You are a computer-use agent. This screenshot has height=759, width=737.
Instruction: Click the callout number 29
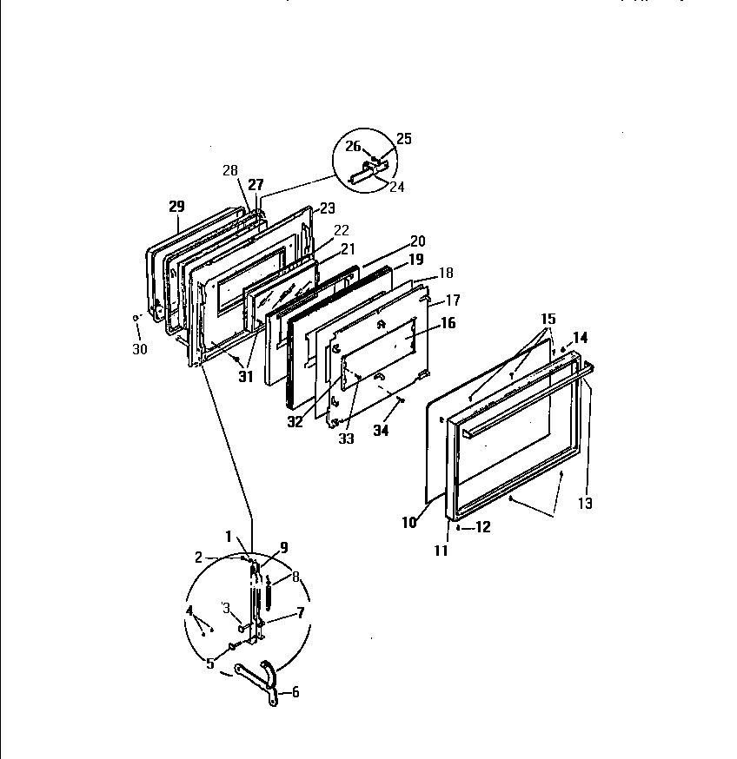pyautogui.click(x=176, y=206)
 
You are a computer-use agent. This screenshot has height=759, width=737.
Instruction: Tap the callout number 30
pyautogui.click(x=139, y=349)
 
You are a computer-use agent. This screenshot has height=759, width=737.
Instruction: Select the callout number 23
pyautogui.click(x=327, y=208)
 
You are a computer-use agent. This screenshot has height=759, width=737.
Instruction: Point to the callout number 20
pyautogui.click(x=417, y=241)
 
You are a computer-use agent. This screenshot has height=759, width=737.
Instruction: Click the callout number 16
pyautogui.click(x=447, y=323)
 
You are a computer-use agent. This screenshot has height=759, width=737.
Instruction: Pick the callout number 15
pyautogui.click(x=547, y=319)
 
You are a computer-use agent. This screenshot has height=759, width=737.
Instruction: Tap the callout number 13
pyautogui.click(x=585, y=503)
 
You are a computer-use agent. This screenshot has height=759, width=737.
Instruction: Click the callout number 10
pyautogui.click(x=409, y=523)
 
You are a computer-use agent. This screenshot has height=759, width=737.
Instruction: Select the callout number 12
pyautogui.click(x=482, y=527)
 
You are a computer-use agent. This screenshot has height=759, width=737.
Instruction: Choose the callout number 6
pyautogui.click(x=295, y=692)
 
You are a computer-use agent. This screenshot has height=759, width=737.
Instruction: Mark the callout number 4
pyautogui.click(x=189, y=610)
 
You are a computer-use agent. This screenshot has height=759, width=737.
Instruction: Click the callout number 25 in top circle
pyautogui.click(x=403, y=138)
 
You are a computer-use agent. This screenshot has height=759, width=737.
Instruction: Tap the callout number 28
pyautogui.click(x=229, y=170)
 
